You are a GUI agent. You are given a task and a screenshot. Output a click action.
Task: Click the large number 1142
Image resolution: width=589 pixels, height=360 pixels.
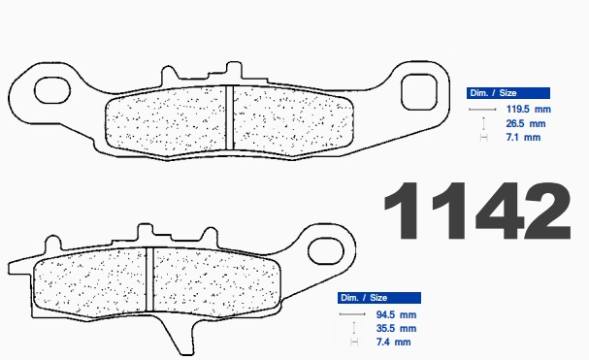pyautogui.click(x=477, y=211)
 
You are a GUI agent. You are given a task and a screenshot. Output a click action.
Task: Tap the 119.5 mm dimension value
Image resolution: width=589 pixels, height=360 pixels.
pyautogui.click(x=529, y=110)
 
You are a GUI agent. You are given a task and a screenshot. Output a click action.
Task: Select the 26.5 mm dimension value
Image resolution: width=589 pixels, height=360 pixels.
pyautogui.click(x=526, y=123)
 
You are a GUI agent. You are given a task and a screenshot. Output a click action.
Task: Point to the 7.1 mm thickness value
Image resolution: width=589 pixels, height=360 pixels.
pyautogui.click(x=523, y=137)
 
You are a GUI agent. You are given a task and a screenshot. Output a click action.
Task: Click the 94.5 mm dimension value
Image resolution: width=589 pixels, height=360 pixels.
pyautogui.click(x=396, y=314)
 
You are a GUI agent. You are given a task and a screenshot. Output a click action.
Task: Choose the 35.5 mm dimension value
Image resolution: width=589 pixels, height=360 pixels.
pyautogui.click(x=396, y=328)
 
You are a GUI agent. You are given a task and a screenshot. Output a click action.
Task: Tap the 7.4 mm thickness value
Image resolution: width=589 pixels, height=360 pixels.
pyautogui.click(x=393, y=342)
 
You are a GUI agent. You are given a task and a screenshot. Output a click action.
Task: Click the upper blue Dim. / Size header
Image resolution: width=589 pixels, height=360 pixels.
pyautogui.click(x=508, y=93)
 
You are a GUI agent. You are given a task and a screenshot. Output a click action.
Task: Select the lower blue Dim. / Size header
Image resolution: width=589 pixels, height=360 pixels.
pyautogui.click(x=379, y=298)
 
